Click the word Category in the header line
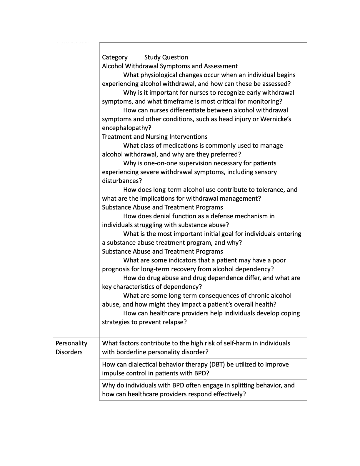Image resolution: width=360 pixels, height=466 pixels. point(115,57)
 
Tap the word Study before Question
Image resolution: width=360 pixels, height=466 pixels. point(152,57)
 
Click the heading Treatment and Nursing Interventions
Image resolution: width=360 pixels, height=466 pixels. point(155,137)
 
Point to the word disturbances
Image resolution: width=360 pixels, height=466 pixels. point(122,181)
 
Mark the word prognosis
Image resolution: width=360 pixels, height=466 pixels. point(116,269)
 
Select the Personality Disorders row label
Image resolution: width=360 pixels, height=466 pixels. point(71,348)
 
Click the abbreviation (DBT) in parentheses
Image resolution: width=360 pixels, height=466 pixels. point(217,365)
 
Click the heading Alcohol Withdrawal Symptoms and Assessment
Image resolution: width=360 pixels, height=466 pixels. point(170,66)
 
